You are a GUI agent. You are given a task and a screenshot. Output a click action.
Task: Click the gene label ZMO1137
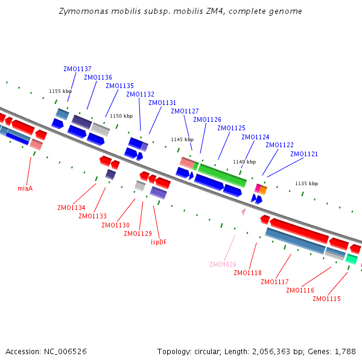[x=77, y=69]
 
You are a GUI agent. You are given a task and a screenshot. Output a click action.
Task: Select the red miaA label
[x=25, y=188]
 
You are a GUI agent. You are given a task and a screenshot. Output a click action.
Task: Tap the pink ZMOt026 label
[x=223, y=264]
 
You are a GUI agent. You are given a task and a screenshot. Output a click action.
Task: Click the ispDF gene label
[x=159, y=242]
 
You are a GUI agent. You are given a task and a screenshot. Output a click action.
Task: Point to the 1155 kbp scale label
[x=60, y=91]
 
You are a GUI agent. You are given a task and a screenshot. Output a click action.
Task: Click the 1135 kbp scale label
[x=306, y=183]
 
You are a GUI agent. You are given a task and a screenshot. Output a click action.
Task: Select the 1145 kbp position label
[x=182, y=139]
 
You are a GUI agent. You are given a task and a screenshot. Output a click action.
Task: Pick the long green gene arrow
[x=223, y=174]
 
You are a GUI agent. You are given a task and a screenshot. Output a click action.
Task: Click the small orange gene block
[x=263, y=190]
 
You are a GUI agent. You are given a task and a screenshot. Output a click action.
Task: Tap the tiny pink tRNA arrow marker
[x=243, y=212]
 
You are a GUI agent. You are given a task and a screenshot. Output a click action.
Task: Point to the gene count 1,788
[x=346, y=351]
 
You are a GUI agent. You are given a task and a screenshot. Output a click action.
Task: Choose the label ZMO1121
[x=304, y=154]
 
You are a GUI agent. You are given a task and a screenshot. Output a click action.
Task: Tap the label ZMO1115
[x=326, y=299]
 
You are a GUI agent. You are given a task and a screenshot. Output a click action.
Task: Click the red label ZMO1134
[x=71, y=208]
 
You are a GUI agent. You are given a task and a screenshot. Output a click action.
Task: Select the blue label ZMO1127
[x=185, y=111]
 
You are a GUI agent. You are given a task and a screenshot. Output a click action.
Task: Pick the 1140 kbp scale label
[x=244, y=162]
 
